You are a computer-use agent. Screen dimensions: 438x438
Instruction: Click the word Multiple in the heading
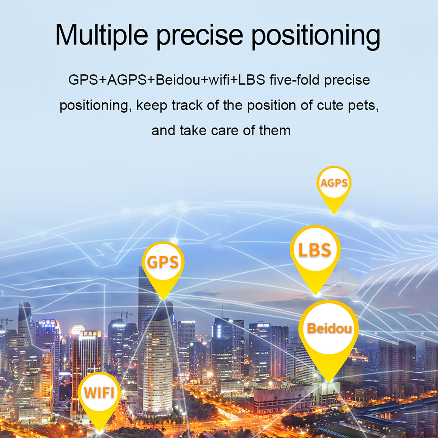coord(101,35)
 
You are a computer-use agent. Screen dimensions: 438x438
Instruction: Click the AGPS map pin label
coord(334,183)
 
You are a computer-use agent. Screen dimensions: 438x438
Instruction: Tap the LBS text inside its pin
coord(315,250)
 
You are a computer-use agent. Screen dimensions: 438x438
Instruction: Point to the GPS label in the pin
coord(163,262)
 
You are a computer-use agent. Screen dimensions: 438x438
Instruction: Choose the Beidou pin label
coord(329,328)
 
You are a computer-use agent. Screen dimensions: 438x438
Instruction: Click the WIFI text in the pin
coord(99,393)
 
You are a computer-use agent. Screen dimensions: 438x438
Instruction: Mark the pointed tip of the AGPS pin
coord(334,214)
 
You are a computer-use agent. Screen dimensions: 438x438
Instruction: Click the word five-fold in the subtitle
coord(295,80)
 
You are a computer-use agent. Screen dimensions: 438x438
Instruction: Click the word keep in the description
coord(152,106)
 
